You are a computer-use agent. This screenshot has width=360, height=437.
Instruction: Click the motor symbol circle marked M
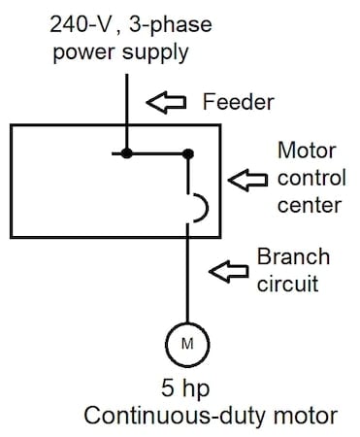click(188, 343)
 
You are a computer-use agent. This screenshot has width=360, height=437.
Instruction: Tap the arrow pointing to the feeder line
click(165, 101)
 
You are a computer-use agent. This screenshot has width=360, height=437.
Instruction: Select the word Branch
click(293, 257)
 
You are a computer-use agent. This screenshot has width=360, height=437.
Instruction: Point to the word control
click(309, 178)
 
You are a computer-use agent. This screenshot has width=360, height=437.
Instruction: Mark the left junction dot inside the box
click(126, 153)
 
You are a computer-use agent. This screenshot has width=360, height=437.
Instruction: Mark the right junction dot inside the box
click(188, 153)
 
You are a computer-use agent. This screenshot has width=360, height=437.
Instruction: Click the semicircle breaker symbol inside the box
click(195, 207)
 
